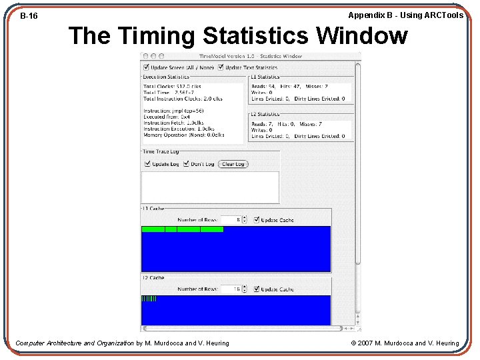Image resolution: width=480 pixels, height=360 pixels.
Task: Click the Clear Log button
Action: (233, 164)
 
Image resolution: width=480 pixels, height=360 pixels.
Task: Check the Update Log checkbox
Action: (147, 164)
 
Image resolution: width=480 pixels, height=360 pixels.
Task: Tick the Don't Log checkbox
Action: (187, 164)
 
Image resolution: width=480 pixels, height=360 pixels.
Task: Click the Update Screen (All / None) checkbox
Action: (147, 67)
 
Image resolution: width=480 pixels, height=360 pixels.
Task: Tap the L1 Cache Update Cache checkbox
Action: (257, 220)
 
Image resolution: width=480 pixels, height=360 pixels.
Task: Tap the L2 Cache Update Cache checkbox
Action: (257, 289)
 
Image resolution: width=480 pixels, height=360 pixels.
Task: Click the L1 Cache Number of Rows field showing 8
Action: (230, 220)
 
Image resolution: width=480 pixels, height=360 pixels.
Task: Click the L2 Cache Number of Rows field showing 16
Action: (230, 289)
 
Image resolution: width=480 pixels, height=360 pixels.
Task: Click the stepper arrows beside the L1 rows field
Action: (245, 220)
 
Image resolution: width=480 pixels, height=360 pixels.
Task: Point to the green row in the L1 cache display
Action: (182, 229)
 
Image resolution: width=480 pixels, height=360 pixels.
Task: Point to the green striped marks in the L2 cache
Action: (149, 299)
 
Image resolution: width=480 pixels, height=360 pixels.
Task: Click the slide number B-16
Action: (29, 15)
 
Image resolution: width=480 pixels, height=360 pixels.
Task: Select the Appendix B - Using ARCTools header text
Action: (405, 15)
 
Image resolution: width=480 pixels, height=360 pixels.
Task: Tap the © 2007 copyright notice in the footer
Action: (405, 343)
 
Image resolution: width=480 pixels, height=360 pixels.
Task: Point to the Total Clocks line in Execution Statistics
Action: (172, 86)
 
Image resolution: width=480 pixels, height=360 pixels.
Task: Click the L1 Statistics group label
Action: (265, 77)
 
